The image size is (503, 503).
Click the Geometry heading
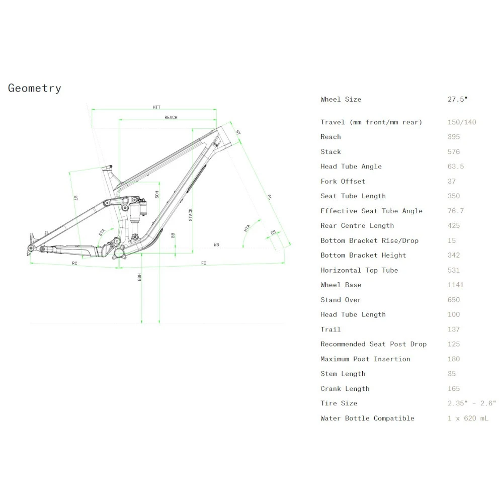pyautogui.click(x=35, y=89)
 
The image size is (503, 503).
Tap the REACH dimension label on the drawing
pyautogui.click(x=171, y=118)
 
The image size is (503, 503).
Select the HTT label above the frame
pyautogui.click(x=156, y=107)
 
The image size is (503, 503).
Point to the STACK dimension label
pyautogui.click(x=191, y=215)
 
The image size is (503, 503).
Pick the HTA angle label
pyautogui.click(x=247, y=228)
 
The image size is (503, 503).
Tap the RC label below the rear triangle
pyautogui.click(x=74, y=263)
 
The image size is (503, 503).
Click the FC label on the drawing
pyautogui.click(x=204, y=263)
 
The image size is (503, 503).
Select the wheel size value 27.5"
pyautogui.click(x=458, y=100)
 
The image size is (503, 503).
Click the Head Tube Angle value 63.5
pyautogui.click(x=456, y=166)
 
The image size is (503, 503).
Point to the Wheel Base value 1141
pyautogui.click(x=456, y=285)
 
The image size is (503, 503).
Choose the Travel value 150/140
pyautogui.click(x=462, y=122)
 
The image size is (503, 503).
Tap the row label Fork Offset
pyautogui.click(x=343, y=182)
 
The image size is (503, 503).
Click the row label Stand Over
pyautogui.click(x=341, y=300)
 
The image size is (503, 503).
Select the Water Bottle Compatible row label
pyautogui.click(x=368, y=418)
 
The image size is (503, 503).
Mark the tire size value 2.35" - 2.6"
pyautogui.click(x=472, y=403)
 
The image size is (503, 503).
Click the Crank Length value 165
pyautogui.click(x=454, y=389)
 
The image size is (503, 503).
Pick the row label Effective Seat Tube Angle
pyautogui.click(x=372, y=211)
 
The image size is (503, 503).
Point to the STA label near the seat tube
pyautogui.click(x=102, y=232)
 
